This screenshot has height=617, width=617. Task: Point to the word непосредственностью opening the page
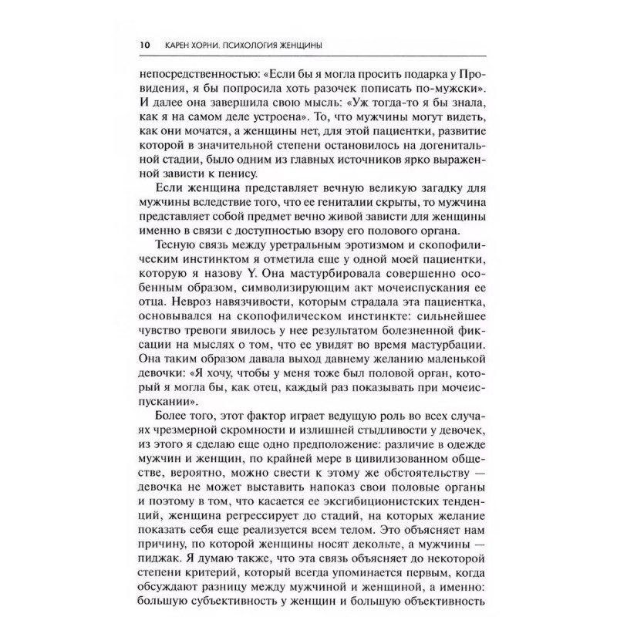[x=197, y=75]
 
